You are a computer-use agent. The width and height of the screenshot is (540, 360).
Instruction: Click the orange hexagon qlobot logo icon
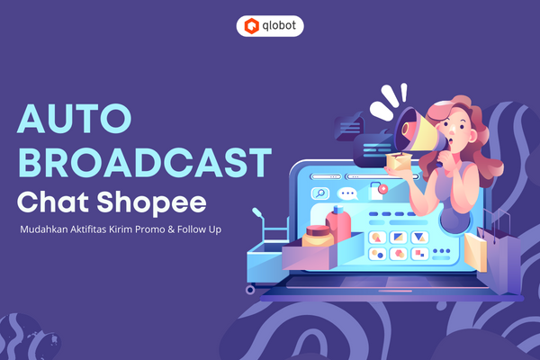coord(251,26)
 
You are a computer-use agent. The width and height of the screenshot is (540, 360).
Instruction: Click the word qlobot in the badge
coord(279,26)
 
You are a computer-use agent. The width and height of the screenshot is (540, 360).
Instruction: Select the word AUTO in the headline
coord(75,119)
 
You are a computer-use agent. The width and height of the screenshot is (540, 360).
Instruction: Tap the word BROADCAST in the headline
coord(145,162)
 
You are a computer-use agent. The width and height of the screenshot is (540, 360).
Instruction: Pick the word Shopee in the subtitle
coord(151,203)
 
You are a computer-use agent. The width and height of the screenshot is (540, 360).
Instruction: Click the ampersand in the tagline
coord(171,229)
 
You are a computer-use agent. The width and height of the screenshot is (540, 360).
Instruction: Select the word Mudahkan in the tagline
coord(44,229)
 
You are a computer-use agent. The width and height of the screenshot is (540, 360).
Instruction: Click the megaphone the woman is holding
coord(418,132)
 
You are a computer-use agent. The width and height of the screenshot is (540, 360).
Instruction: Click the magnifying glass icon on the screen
coord(320,193)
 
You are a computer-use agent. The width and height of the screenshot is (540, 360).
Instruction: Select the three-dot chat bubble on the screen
coord(347,193)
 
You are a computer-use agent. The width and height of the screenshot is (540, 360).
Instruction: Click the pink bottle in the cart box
coord(339,224)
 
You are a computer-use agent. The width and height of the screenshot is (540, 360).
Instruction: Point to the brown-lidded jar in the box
coord(318,236)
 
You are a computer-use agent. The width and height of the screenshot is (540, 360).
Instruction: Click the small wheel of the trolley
coord(250,290)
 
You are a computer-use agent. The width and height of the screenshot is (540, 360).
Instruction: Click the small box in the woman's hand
coord(399,161)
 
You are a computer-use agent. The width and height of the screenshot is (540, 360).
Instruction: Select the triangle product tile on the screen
coord(419,238)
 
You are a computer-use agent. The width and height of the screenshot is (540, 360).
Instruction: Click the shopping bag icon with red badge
coord(377,191)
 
